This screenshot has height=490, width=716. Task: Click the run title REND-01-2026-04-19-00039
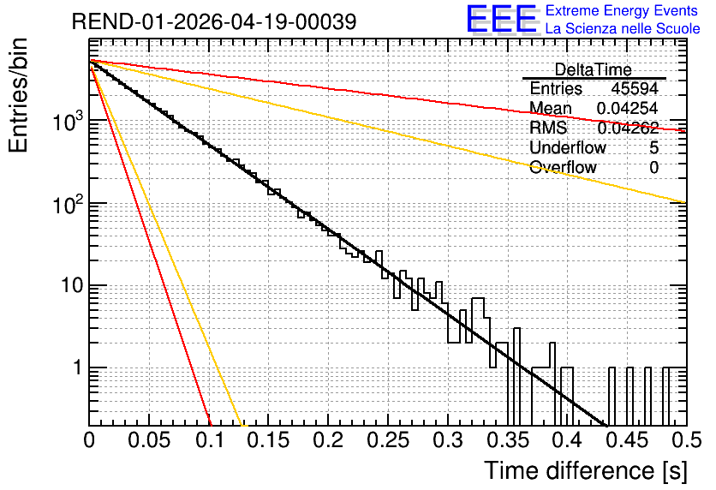(x=214, y=21)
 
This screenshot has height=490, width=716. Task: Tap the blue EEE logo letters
(x=502, y=19)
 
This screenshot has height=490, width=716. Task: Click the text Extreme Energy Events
(x=622, y=10)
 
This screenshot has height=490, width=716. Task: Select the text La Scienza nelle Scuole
(x=623, y=28)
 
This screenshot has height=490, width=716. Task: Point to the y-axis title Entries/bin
(x=19, y=95)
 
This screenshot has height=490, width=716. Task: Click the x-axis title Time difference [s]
(x=586, y=470)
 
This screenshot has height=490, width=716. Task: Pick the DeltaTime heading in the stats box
(x=594, y=69)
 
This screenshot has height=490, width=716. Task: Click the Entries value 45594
(x=635, y=88)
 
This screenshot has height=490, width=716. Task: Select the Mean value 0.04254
(x=627, y=108)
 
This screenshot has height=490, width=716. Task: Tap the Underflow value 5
(x=653, y=147)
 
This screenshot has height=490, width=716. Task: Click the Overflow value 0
(x=653, y=167)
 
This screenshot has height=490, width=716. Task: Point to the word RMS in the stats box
(x=548, y=128)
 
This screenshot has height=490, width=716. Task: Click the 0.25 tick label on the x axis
(x=388, y=440)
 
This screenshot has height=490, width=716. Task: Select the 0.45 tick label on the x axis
(x=627, y=440)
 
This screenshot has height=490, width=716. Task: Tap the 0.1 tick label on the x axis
(x=211, y=440)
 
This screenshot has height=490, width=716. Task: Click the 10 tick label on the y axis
(x=73, y=285)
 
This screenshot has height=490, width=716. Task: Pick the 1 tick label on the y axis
(x=78, y=367)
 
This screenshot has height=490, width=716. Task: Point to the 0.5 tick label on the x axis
(x=687, y=440)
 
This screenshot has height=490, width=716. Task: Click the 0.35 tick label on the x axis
(x=507, y=440)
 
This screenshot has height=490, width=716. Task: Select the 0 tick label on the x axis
(x=89, y=440)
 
